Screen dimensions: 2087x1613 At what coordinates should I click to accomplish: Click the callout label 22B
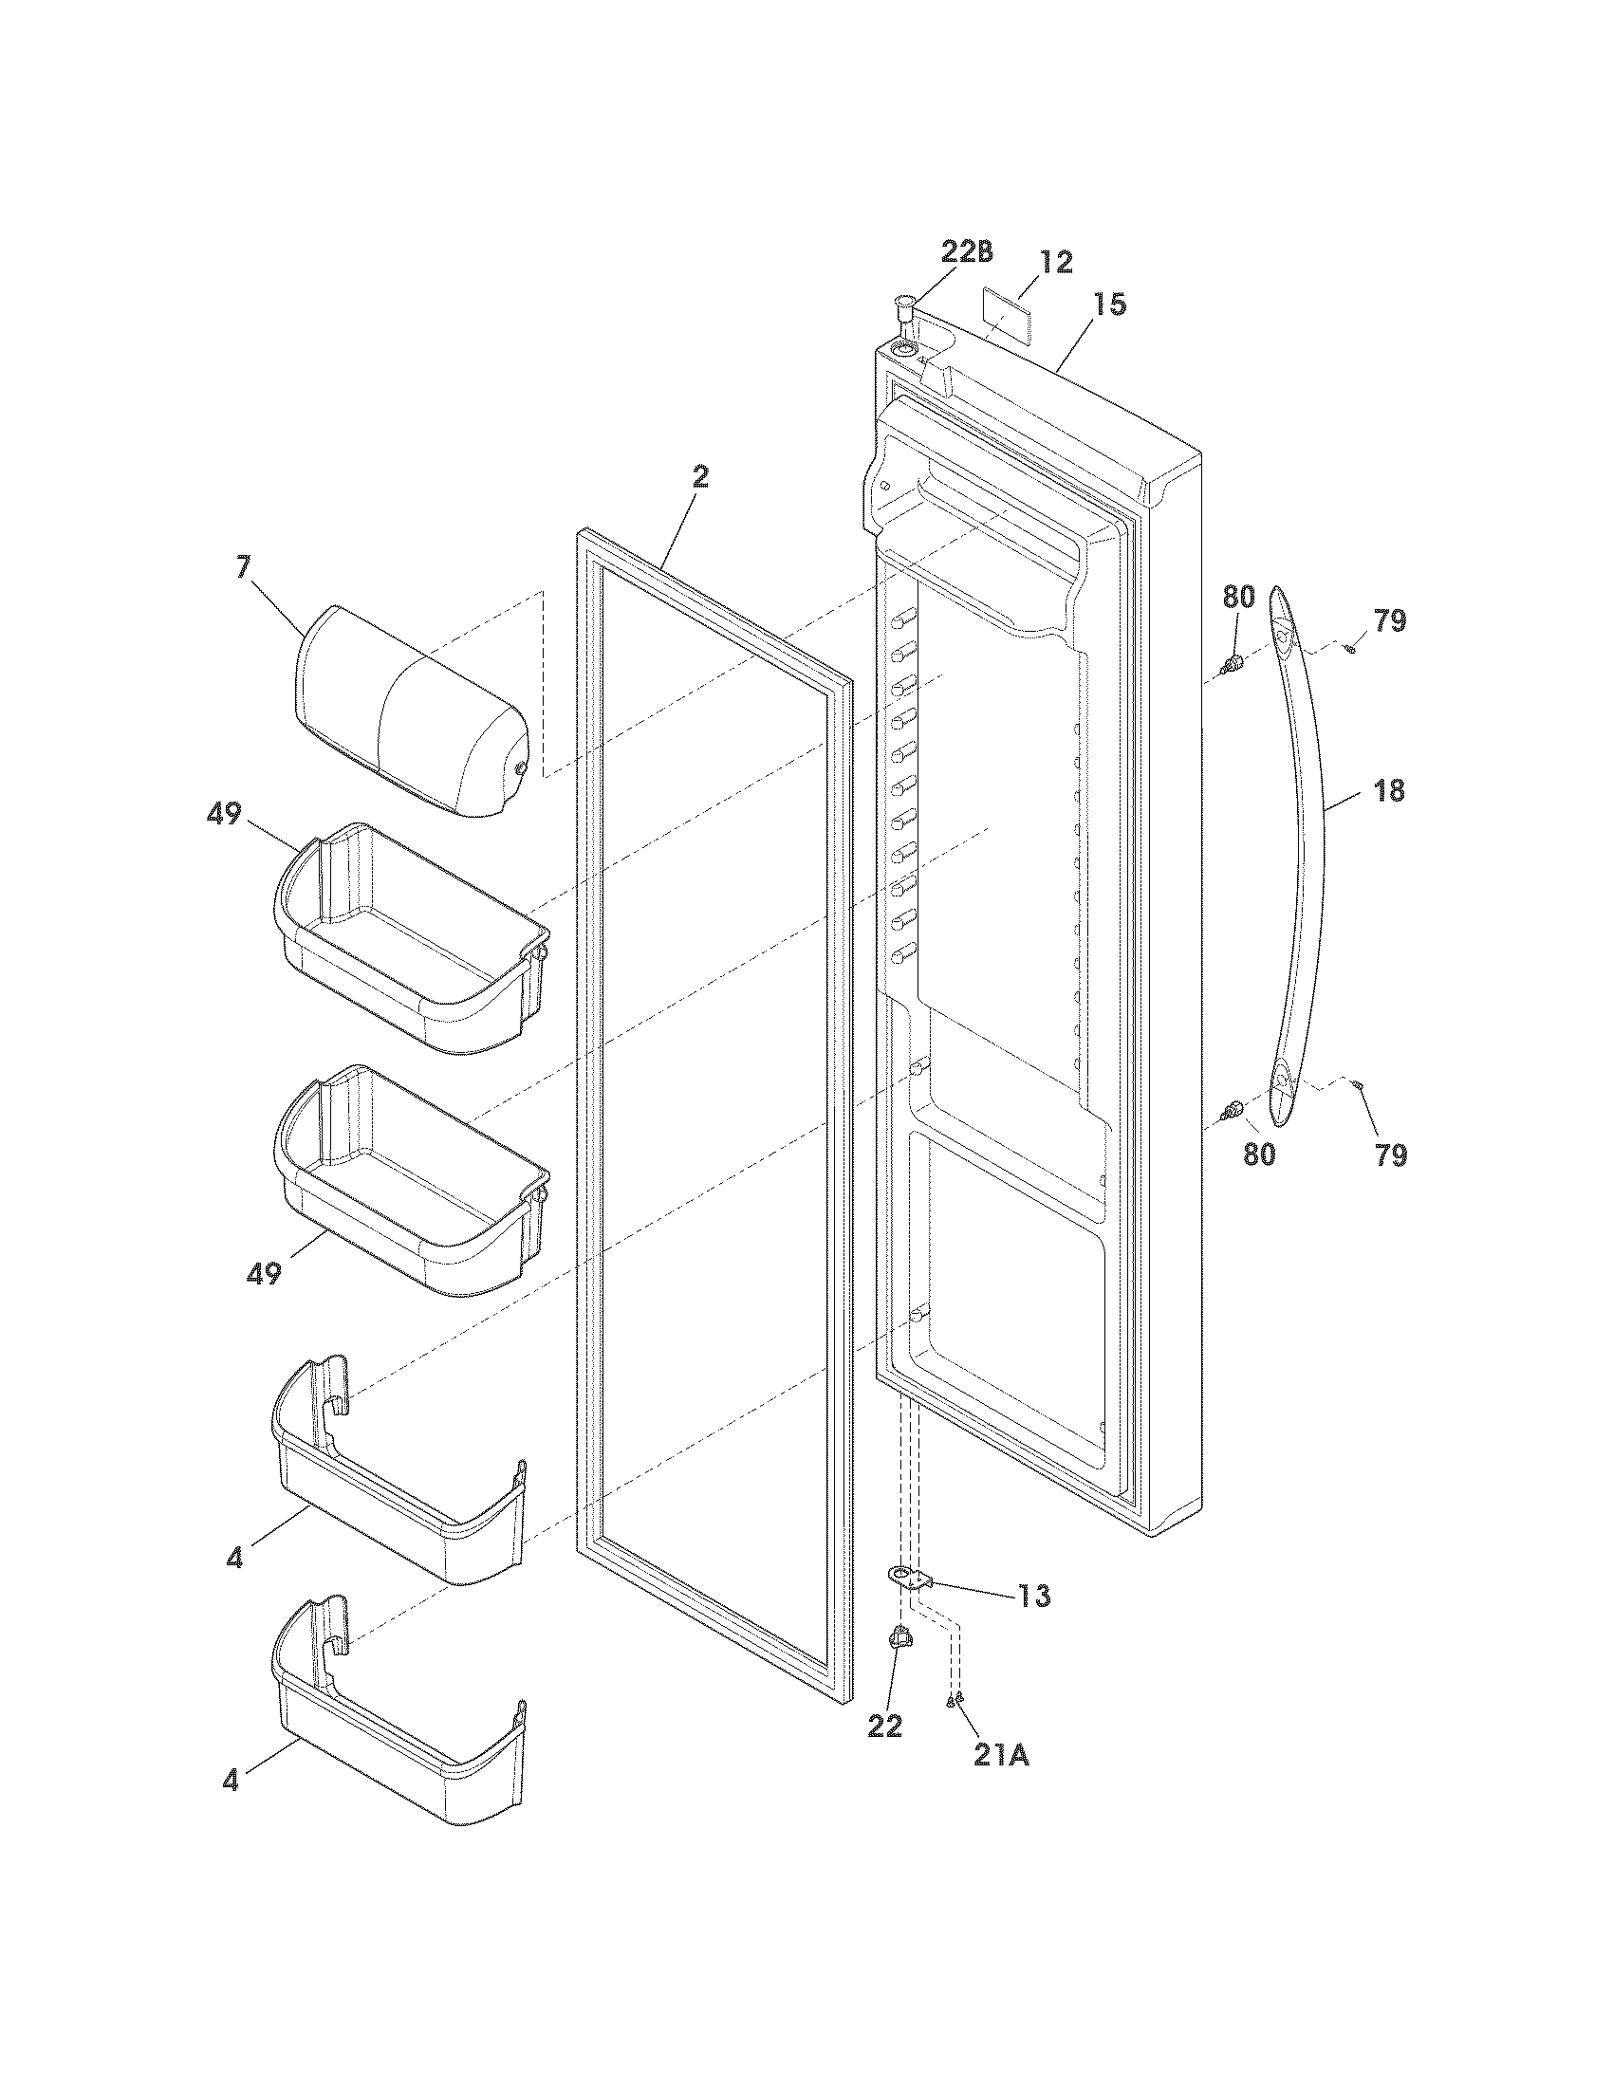tap(966, 252)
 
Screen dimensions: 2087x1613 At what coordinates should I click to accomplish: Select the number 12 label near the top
tap(1056, 262)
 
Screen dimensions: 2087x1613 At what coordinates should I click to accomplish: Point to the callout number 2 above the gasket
tap(700, 478)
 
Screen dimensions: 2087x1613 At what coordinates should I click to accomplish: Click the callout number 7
tap(243, 566)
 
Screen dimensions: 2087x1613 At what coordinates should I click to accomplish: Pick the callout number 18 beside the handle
tap(1389, 790)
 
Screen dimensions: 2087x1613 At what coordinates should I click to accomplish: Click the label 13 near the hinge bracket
tap(1033, 1596)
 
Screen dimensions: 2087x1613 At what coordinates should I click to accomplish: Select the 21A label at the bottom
tap(1001, 1754)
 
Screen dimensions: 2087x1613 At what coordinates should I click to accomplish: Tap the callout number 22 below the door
tap(885, 1726)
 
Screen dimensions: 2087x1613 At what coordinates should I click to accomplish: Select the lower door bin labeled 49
tap(411, 1185)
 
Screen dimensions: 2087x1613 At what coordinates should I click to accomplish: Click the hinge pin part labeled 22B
tap(904, 311)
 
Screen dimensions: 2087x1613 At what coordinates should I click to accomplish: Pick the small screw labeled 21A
tap(955, 1698)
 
